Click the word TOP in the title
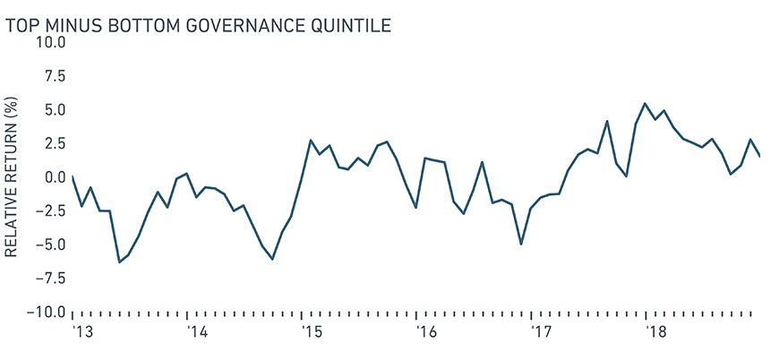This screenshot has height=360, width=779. point(22,25)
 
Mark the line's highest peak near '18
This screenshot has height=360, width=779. point(646,104)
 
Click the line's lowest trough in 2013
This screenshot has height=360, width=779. point(119,261)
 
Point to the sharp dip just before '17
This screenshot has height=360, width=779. point(521,244)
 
